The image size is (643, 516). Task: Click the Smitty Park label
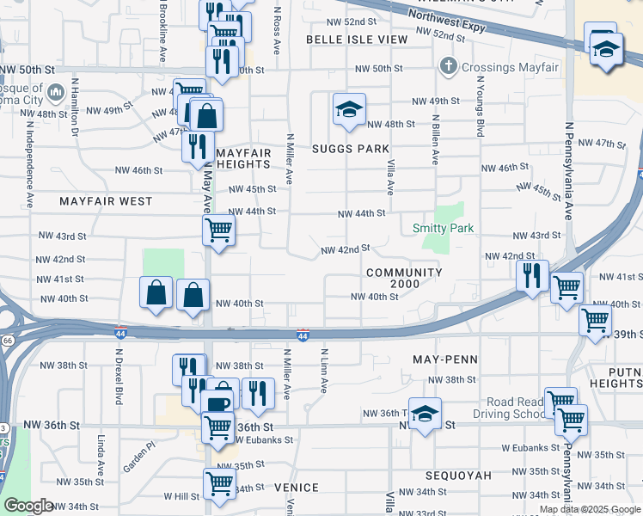click(443, 228)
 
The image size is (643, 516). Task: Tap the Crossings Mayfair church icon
click(448, 66)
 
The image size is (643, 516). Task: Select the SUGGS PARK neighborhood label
click(351, 149)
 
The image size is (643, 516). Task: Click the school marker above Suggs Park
click(349, 110)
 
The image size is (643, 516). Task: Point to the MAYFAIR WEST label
click(106, 201)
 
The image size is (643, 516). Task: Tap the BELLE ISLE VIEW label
click(357, 40)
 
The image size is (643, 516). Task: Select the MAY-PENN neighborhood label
click(444, 358)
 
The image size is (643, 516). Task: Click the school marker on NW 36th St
click(424, 415)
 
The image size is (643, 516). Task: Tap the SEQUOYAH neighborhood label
click(458, 475)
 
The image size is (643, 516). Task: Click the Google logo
click(28, 507)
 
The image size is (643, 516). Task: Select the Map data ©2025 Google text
click(589, 509)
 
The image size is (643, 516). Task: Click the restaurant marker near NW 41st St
click(532, 276)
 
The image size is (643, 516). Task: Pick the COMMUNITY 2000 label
click(403, 278)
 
